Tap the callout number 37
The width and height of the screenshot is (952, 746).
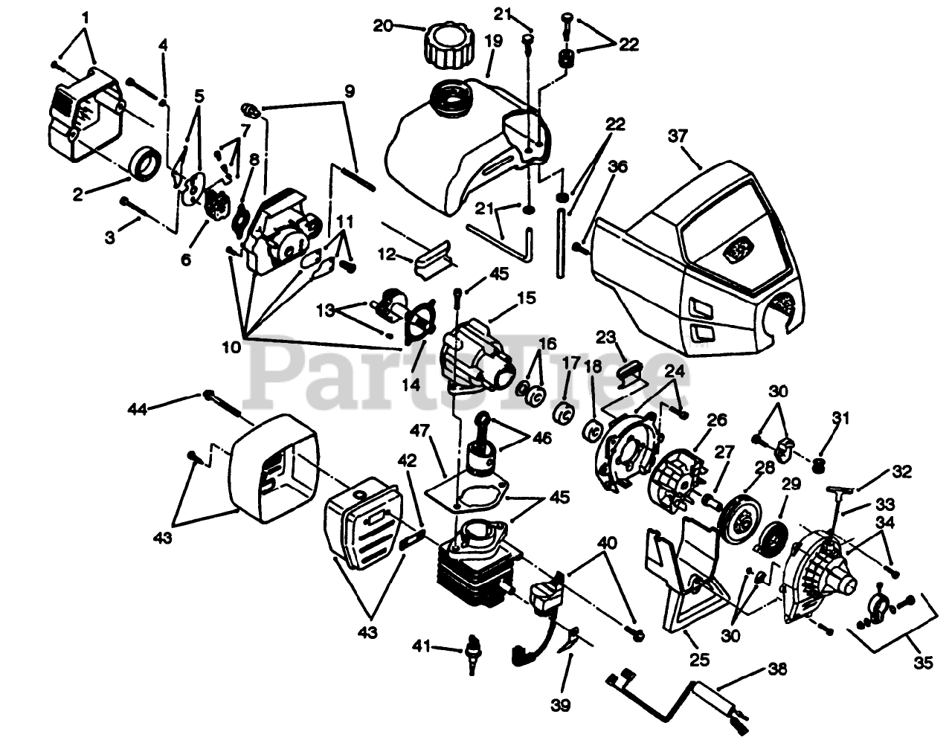[678, 136]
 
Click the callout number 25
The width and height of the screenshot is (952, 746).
[699, 659]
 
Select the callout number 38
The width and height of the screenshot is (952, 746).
[777, 669]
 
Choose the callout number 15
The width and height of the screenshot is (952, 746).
[526, 298]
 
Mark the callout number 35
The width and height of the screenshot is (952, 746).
[922, 660]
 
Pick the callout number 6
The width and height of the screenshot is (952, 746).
[185, 259]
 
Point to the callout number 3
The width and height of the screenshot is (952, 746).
[110, 237]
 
